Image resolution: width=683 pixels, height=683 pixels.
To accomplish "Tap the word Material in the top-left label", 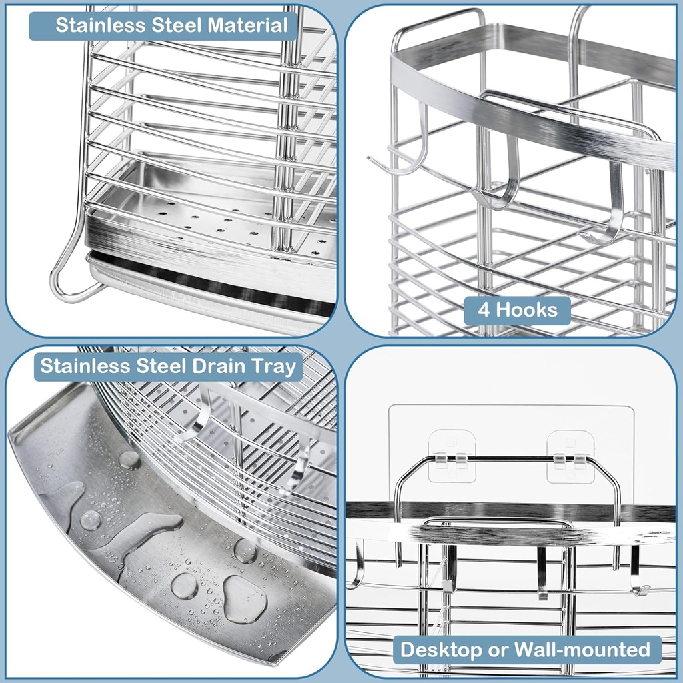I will point(248,26).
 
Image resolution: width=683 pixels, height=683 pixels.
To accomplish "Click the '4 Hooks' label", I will point(517,310).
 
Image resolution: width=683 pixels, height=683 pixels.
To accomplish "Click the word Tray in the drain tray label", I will point(275,366).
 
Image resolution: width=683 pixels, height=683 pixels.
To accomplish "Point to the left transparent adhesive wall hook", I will point(452,456).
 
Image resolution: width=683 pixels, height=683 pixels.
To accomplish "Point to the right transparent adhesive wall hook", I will point(570,456).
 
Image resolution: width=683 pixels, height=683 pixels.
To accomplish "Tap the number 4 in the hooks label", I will point(484,310).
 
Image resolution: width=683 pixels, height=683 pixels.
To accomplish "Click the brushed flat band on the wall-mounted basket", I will point(507,534).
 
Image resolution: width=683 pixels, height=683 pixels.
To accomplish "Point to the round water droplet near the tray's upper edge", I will point(129,460).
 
